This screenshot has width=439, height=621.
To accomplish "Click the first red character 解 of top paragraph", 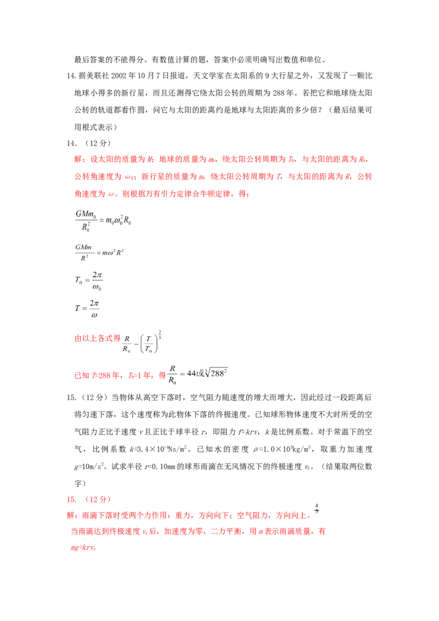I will click(77, 160).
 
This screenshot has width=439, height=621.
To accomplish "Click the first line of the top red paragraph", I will click(219, 160).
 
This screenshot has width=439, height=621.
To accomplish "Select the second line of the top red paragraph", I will click(222, 177).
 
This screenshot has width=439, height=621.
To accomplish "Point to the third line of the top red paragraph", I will click(162, 194).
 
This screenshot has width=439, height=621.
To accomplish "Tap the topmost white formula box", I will click(103, 219).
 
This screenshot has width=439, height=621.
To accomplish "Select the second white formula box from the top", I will click(100, 252).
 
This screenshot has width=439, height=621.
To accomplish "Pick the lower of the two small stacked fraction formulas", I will click(88, 306).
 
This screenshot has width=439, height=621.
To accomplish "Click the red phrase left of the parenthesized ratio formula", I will click(97, 338).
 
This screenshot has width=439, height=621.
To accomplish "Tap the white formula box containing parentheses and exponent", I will click(143, 341).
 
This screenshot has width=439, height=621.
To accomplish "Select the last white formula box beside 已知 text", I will click(198, 375).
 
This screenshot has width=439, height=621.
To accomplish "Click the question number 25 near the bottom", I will click(70, 500).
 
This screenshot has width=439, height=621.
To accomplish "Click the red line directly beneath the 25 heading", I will click(189, 516).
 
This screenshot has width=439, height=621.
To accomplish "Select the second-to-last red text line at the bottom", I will click(198, 531).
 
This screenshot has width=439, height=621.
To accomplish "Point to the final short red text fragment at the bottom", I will click(83, 548).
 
